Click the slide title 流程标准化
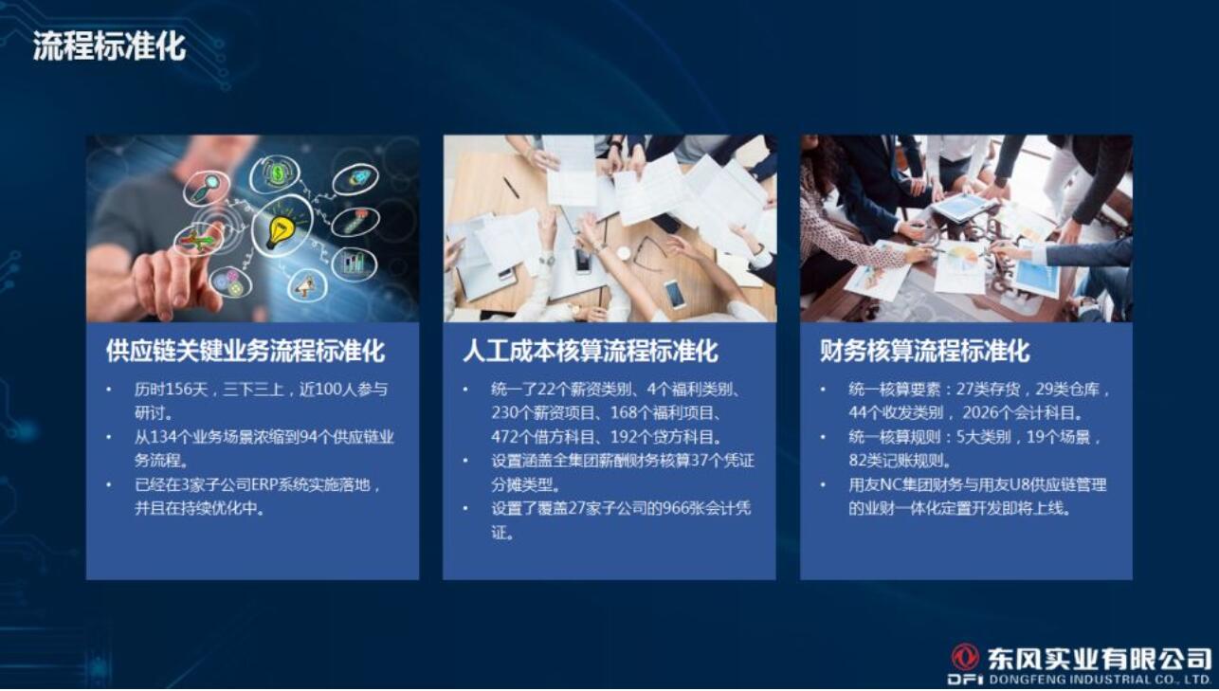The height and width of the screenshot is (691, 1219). point(109,45)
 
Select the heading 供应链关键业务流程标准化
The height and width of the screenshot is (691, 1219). point(246,351)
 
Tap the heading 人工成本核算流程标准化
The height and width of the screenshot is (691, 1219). point(591,351)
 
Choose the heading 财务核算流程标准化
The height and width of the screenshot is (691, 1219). point(924,351)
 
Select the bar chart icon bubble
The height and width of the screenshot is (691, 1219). point(354,264)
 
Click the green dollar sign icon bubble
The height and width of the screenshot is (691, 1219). point(277,174)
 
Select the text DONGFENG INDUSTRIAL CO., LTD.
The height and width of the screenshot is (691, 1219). point(1100,680)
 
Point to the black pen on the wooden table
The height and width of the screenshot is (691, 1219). point(511,189)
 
